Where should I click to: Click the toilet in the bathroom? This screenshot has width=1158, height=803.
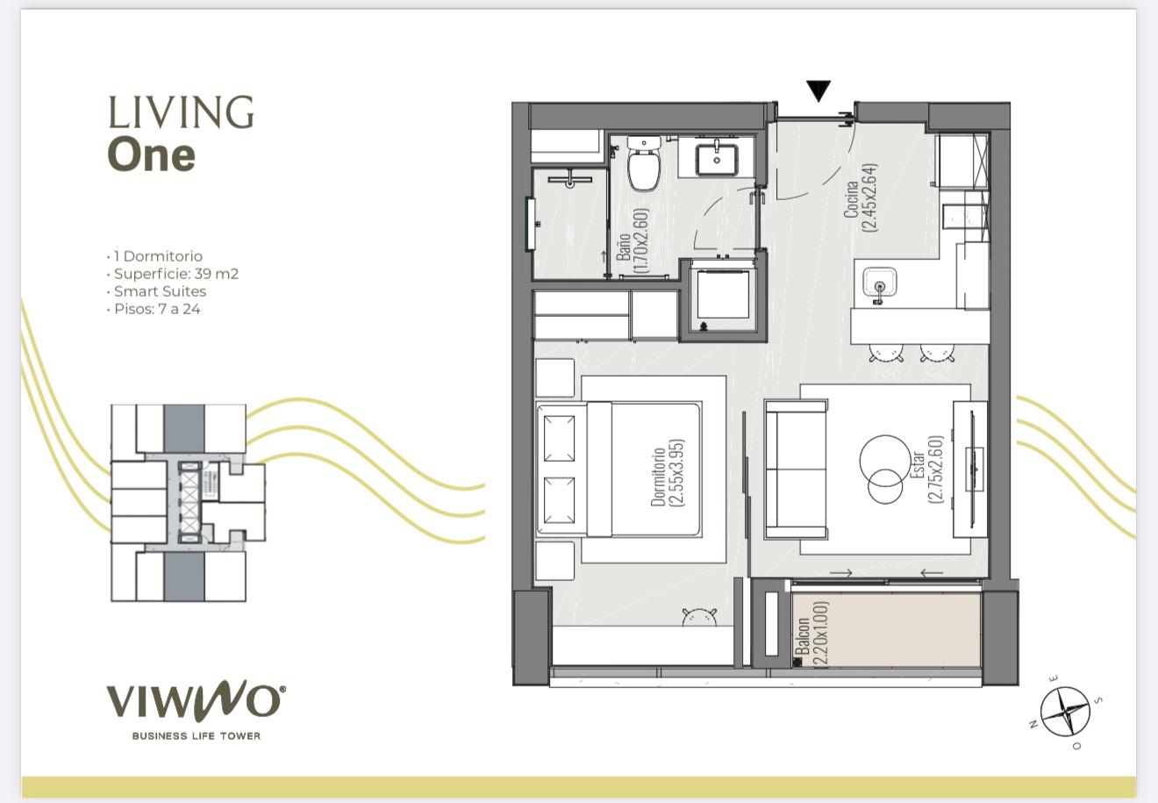pos(644,163)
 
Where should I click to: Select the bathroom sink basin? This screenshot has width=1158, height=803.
pos(716,160)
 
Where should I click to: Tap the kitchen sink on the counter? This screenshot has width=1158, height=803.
pos(879,283)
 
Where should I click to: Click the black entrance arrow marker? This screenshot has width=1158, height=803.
pos(818,91)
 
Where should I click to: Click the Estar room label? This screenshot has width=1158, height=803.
pos(927,469)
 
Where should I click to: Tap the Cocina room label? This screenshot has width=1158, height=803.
pos(861,198)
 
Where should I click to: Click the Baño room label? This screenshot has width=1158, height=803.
pos(632,240)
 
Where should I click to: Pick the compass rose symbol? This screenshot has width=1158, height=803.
pos(1065,712)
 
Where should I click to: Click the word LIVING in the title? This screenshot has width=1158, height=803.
pos(181,111)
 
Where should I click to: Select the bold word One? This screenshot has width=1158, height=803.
pos(152,154)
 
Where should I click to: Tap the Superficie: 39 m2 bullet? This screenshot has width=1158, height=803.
pos(172,274)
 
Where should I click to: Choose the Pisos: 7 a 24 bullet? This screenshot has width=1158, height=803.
pos(153,309)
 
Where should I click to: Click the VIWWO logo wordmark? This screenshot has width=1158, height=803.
pos(196,702)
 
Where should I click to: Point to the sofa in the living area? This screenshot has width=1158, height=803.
pos(797,469)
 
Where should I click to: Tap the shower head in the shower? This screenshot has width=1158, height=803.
pos(569,180)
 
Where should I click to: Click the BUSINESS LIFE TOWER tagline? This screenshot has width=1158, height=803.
pos(197,735)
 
